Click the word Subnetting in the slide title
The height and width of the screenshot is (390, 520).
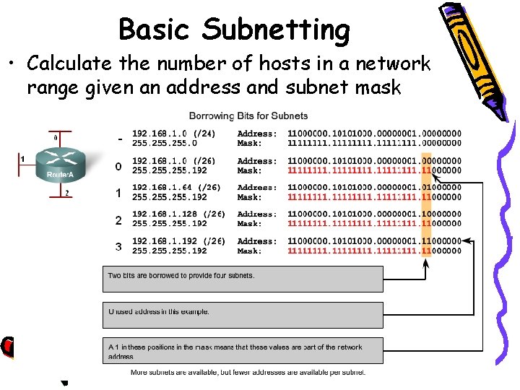(276, 30)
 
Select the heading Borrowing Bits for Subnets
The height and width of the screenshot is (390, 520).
(248, 116)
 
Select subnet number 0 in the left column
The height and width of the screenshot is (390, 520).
(118, 167)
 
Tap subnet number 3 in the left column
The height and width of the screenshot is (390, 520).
(118, 247)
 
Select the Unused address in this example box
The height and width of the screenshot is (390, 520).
(243, 315)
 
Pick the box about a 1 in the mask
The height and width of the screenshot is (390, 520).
(243, 351)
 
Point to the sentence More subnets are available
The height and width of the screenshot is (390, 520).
(248, 373)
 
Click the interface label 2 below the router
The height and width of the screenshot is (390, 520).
(67, 193)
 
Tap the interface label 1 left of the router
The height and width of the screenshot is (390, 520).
(23, 158)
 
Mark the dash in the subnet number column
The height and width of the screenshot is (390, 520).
(119, 139)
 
